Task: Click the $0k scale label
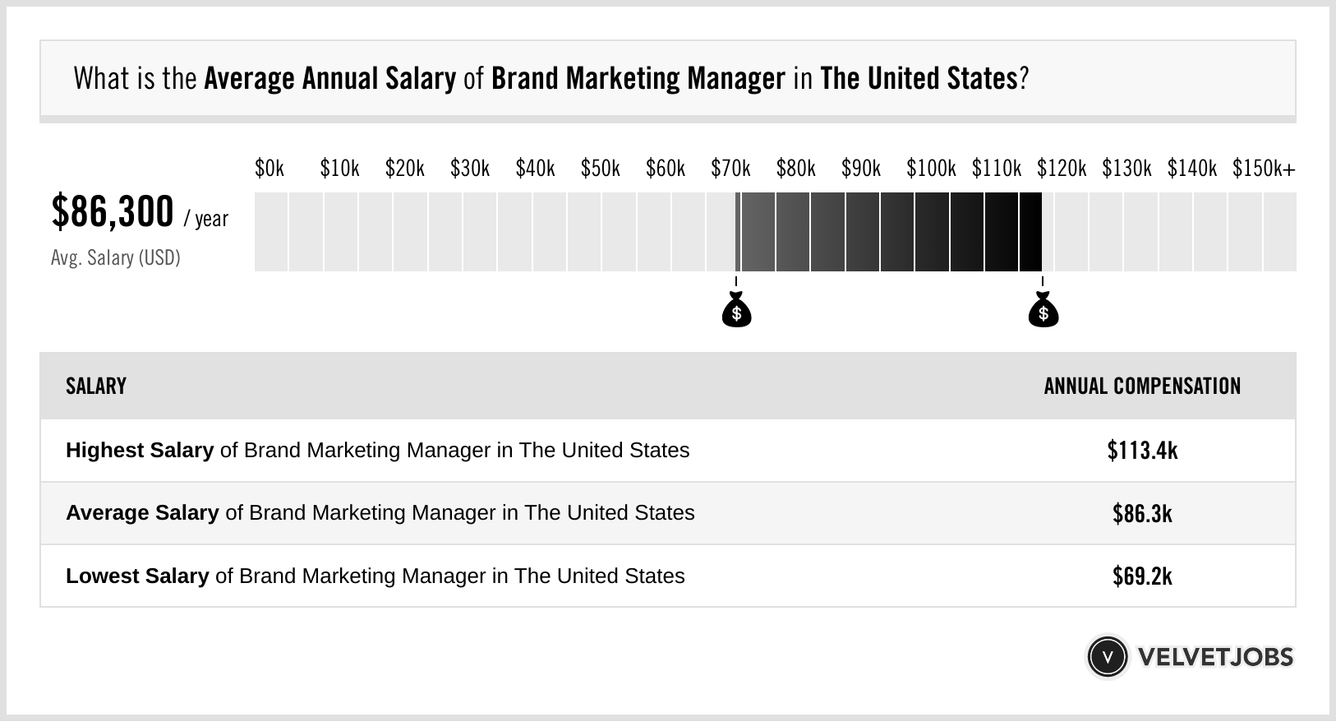pyautogui.click(x=270, y=169)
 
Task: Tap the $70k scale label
pyautogui.click(x=730, y=169)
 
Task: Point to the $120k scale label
pyautogui.click(x=1061, y=169)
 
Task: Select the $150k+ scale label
pyautogui.click(x=1263, y=169)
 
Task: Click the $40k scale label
pyautogui.click(x=535, y=169)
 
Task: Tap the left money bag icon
pyautogui.click(x=736, y=311)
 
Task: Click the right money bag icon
pyautogui.click(x=1043, y=311)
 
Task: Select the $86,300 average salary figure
pyautogui.click(x=113, y=212)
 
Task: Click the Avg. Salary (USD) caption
pyautogui.click(x=115, y=258)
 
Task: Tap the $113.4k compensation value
pyautogui.click(x=1142, y=451)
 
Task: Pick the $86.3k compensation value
pyautogui.click(x=1142, y=514)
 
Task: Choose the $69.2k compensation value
pyautogui.click(x=1142, y=576)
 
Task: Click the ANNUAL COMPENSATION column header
pyautogui.click(x=1142, y=386)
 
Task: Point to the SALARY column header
pyautogui.click(x=96, y=386)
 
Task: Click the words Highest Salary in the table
pyautogui.click(x=140, y=451)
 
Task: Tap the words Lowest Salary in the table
pyautogui.click(x=137, y=576)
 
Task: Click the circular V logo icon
pyautogui.click(x=1107, y=657)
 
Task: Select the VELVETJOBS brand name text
pyautogui.click(x=1215, y=657)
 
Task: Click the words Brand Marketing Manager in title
pyautogui.click(x=638, y=79)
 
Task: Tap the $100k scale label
pyautogui.click(x=930, y=169)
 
